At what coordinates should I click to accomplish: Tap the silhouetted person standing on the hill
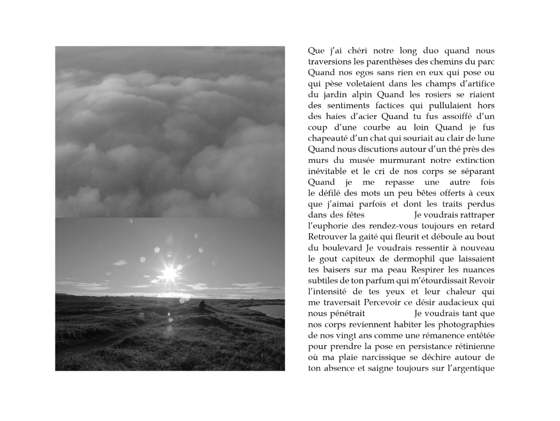tap(202, 307)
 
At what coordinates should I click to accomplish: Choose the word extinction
tap(473, 160)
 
